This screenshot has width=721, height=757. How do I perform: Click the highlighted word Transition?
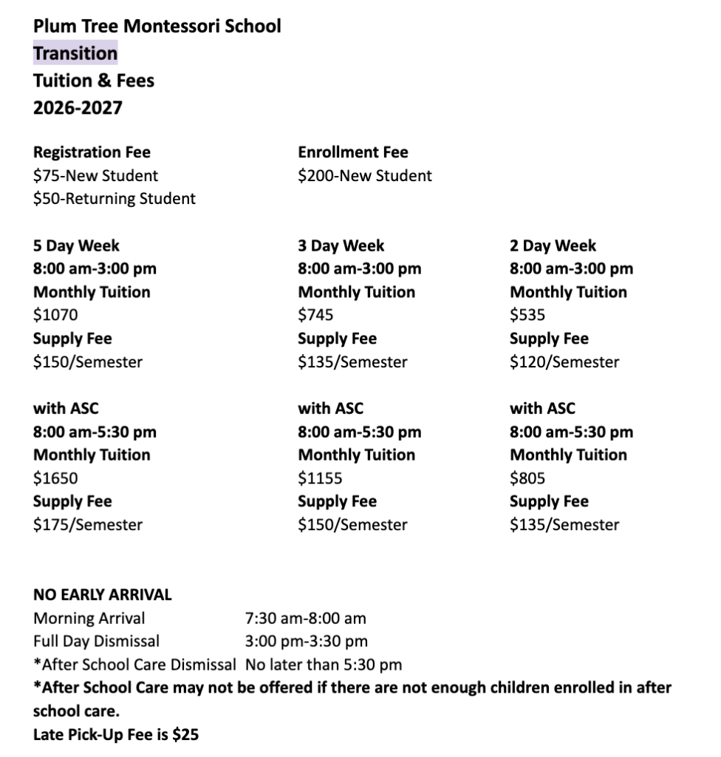click(75, 53)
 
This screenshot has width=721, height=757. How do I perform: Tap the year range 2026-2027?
click(78, 108)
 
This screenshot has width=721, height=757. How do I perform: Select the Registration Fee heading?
click(92, 152)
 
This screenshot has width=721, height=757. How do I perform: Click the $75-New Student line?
click(95, 176)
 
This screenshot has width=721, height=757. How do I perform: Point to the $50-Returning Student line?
click(115, 199)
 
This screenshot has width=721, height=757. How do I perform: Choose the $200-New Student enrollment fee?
click(365, 176)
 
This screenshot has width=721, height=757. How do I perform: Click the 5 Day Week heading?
click(76, 245)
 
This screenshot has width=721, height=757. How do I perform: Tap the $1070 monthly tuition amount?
click(55, 316)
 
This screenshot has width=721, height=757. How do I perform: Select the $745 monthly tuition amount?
click(315, 316)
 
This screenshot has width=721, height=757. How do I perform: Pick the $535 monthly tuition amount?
click(527, 316)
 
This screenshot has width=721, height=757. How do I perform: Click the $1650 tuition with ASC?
click(55, 478)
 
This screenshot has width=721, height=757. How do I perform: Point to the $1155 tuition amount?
click(320, 478)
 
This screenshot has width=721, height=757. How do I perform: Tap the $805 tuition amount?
click(527, 478)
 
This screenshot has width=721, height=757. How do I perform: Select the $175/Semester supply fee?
click(88, 525)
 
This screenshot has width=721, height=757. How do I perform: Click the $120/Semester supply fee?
click(564, 362)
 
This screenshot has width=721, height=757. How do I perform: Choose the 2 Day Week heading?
click(553, 245)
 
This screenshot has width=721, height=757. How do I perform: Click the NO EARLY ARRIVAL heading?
click(102, 594)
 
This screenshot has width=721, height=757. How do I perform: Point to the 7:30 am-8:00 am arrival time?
click(305, 618)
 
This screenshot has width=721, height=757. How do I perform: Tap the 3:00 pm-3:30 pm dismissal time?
click(306, 641)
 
